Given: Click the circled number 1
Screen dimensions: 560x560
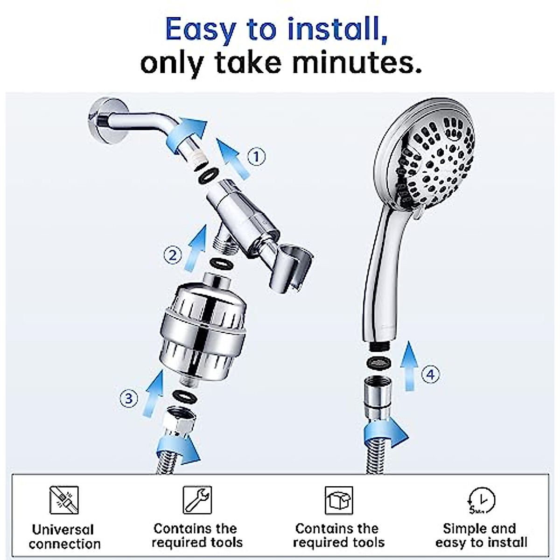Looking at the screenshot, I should (x=256, y=156).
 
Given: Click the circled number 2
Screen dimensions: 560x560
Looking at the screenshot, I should (x=173, y=255).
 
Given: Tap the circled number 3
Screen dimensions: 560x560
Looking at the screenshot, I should (x=129, y=399).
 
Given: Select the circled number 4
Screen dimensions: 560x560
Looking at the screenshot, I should (x=430, y=374).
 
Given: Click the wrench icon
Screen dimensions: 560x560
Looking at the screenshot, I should (x=197, y=500).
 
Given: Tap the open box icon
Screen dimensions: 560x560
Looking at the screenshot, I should (x=339, y=500).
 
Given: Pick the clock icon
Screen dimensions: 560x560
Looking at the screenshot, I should (x=481, y=500).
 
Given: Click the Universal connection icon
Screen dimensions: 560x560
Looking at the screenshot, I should (x=64, y=500).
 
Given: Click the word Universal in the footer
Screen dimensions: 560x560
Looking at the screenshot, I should (x=63, y=530).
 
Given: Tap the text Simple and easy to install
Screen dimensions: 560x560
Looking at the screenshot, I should (x=481, y=535).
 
